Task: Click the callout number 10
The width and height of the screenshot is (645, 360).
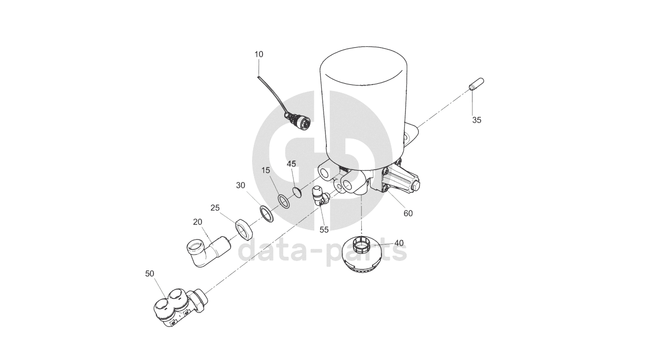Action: coord(259,54)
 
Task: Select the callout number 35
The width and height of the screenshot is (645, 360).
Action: coord(476,120)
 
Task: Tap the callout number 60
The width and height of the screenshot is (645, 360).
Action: coord(408,213)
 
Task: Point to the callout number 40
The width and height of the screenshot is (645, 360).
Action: coord(399,243)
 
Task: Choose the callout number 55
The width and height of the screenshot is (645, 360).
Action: coord(324,230)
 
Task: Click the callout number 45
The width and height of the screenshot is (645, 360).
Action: coord(292,164)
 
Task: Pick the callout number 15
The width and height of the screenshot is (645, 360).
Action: coord(266,171)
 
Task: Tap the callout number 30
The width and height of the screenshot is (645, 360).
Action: coord(240,185)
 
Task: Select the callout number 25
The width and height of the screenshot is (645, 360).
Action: coord(215,208)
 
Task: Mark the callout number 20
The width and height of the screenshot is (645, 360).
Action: coord(198,222)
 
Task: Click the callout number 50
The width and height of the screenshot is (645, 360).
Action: coord(149,273)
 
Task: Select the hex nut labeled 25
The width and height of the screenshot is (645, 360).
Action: coord(244,230)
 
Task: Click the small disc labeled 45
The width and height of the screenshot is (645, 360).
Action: coord(296,192)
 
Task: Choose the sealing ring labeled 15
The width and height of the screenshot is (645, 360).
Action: coord(284,201)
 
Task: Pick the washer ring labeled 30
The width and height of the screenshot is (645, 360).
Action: coord(266,214)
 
